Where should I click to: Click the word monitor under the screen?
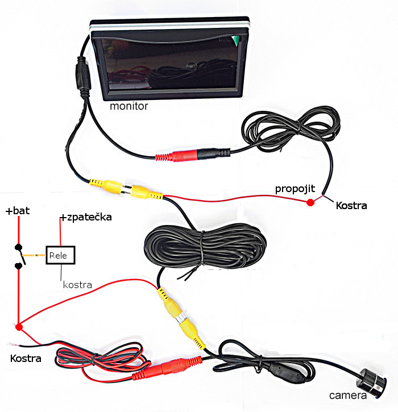tap(128, 106)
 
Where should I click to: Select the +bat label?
tap(18, 211)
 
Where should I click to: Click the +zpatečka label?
tap(85, 217)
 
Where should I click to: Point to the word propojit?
tap(293, 189)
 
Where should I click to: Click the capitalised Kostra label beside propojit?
tap(351, 205)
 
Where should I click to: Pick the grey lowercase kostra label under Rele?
tap(77, 284)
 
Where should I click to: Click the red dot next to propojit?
tap(310, 202)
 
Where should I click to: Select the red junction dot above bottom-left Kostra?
tap(19, 327)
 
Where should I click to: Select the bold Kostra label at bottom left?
tap(26, 359)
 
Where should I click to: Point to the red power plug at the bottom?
tap(171, 367)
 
